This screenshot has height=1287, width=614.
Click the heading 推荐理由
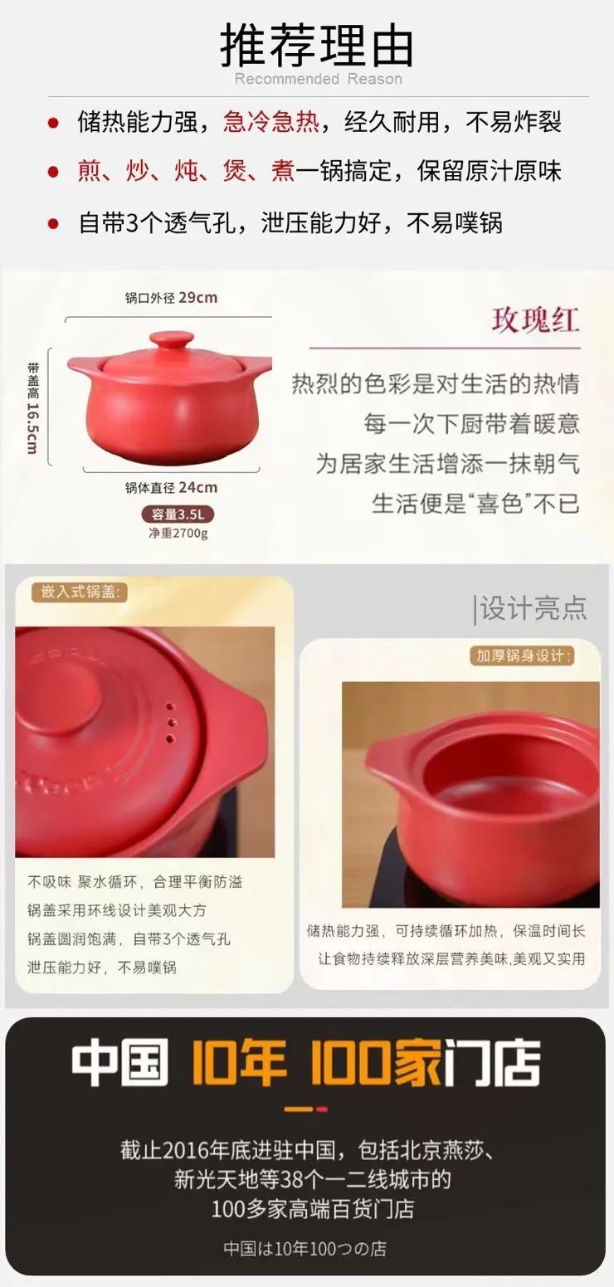[x=316, y=46]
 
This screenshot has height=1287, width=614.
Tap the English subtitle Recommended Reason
[x=318, y=80]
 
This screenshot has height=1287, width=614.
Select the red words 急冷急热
[x=271, y=123]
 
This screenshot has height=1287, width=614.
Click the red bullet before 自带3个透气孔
[x=53, y=223]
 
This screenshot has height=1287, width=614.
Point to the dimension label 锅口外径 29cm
[x=171, y=298]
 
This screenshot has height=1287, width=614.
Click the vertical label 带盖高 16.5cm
[x=32, y=407]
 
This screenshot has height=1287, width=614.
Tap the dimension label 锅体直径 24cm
[x=171, y=487]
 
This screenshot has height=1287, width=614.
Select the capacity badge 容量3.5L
[x=178, y=514]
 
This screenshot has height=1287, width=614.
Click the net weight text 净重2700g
[x=178, y=533]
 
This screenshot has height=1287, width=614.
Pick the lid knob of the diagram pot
[x=171, y=340]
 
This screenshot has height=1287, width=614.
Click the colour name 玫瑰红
[x=535, y=320]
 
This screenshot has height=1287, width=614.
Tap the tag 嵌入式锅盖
[x=80, y=592]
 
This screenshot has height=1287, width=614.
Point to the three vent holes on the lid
[x=170, y=722]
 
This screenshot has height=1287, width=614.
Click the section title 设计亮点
[x=532, y=608]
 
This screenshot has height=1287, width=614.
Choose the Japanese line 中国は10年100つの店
[x=305, y=1248]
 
